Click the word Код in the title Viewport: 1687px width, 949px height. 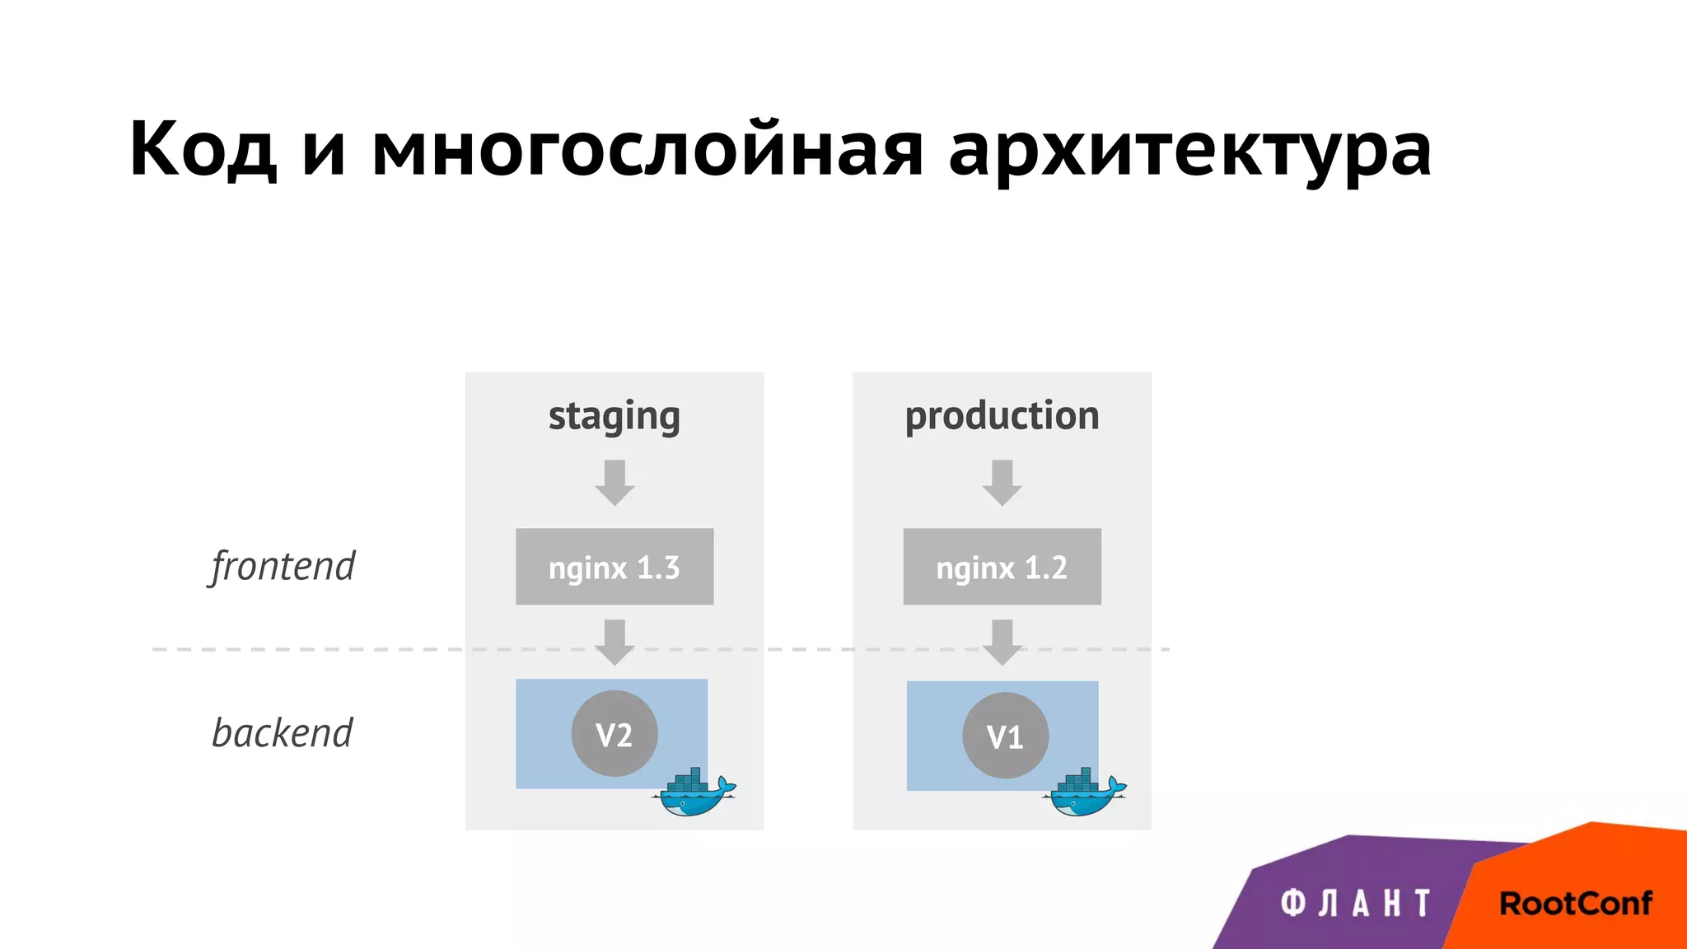coord(203,150)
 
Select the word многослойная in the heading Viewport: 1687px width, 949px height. coord(647,150)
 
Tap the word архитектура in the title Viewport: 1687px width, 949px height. coord(1189,150)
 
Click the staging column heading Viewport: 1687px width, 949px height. coord(615,417)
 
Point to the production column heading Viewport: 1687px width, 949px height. coord(1002,416)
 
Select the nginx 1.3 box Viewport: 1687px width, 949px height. coord(615,567)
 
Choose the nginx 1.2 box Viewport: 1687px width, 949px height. coord(1002,567)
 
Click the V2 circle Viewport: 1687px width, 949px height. coord(615,734)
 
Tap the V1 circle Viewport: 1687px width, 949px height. coord(1005,736)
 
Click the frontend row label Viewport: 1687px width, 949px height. coord(283,567)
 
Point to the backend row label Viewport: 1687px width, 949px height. coord(283,733)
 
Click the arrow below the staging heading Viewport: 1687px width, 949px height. coord(615,483)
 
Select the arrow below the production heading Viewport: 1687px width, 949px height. coord(1002,483)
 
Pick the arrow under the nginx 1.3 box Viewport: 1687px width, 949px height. coord(615,642)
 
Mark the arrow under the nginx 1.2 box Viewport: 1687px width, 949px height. coord(1002,642)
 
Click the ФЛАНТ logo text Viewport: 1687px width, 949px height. coord(1355,904)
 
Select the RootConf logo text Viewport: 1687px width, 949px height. coord(1575,904)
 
